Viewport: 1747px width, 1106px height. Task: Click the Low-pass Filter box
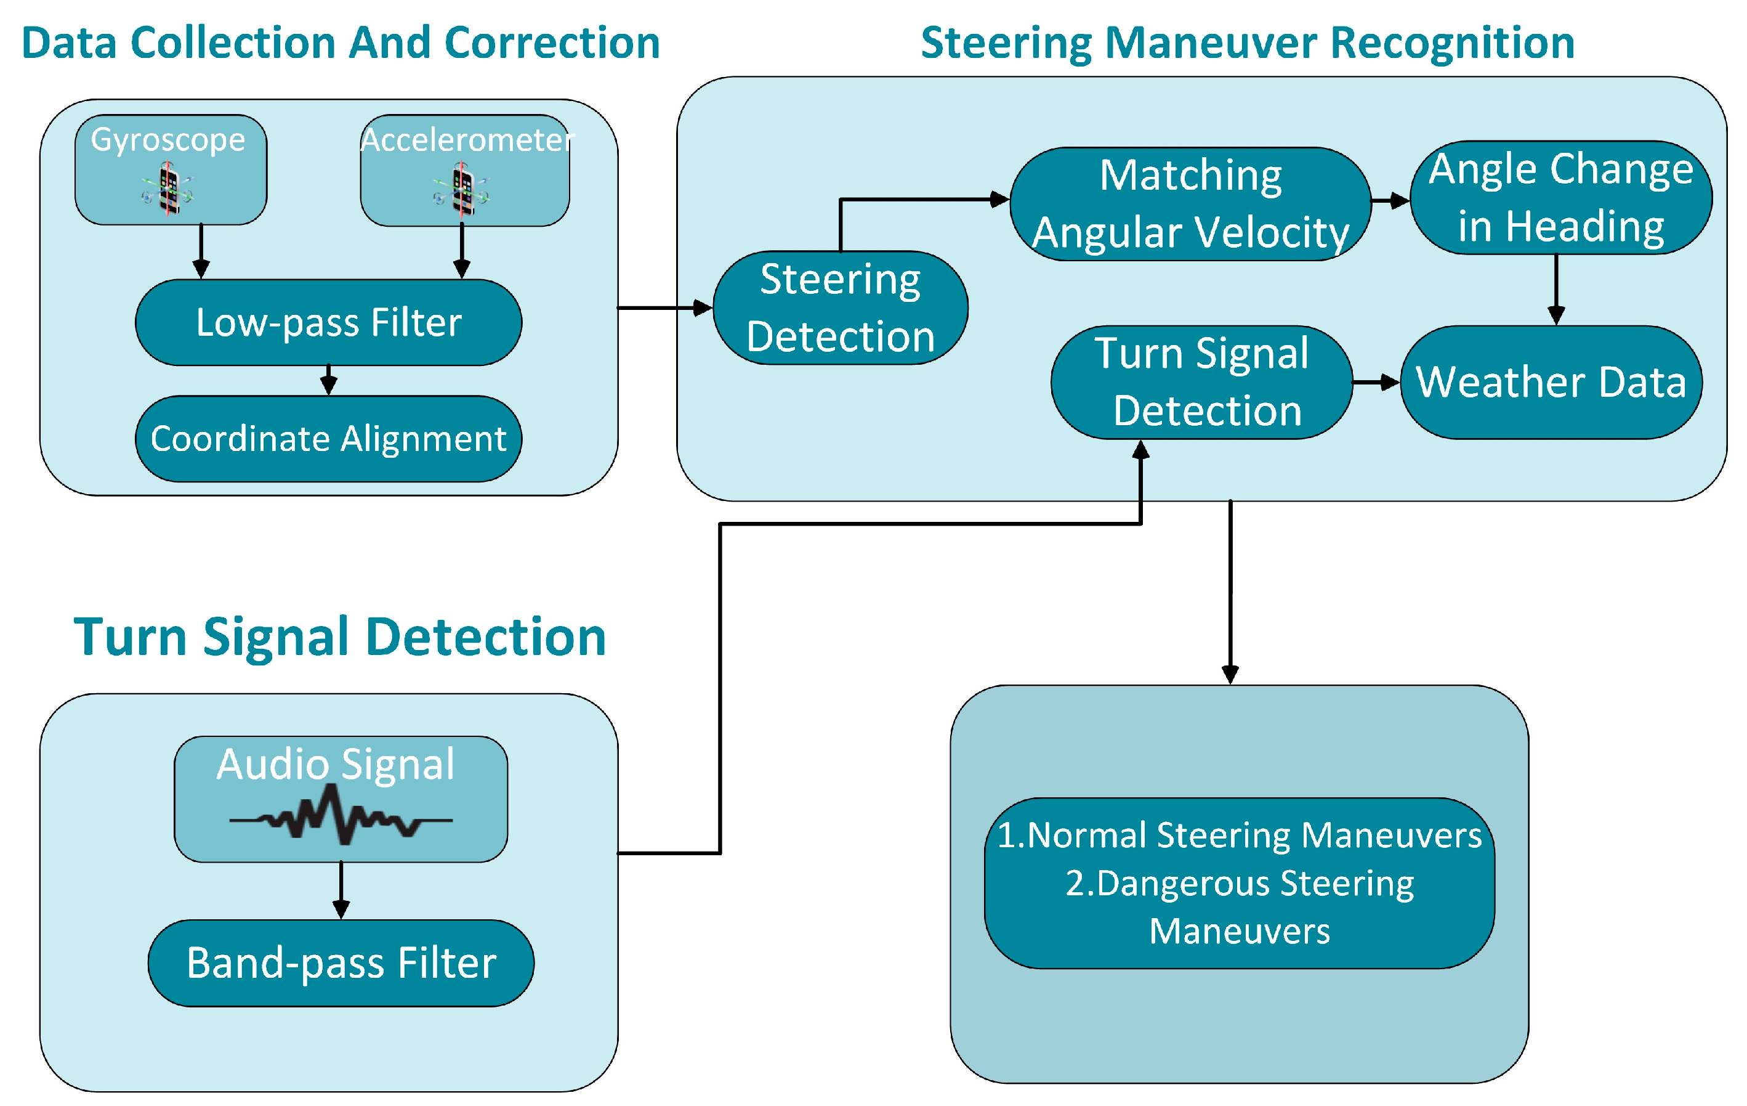[328, 322]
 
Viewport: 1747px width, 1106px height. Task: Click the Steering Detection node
[839, 307]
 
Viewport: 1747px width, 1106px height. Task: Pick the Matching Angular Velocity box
[1190, 204]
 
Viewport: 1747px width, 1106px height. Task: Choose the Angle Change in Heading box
[1560, 197]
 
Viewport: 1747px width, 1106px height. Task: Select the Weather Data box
[1551, 383]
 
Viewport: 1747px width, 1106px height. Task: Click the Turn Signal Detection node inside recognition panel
[1201, 383]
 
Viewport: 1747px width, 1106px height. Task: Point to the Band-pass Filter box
[341, 963]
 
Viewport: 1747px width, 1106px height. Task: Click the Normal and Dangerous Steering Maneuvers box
[1238, 883]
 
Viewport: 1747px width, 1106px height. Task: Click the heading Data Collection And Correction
[341, 43]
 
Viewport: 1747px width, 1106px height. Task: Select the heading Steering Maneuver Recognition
[1247, 43]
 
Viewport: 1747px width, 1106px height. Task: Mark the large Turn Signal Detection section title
[339, 636]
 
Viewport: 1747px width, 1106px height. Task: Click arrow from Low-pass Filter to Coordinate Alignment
[329, 380]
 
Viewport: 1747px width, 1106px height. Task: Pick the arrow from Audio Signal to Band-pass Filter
[341, 890]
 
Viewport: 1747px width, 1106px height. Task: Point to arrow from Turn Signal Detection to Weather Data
[1376, 383]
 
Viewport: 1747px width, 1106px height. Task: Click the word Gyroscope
[167, 139]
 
